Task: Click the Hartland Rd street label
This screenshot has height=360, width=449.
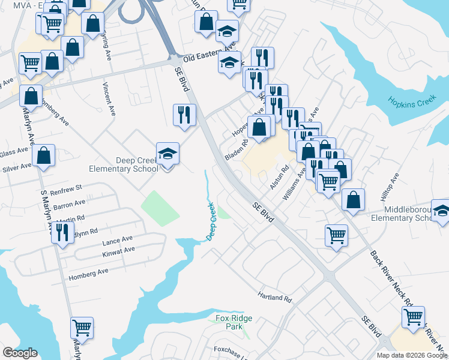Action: click(x=274, y=298)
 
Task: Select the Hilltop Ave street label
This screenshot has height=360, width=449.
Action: click(x=388, y=188)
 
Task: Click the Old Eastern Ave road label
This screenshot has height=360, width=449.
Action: click(x=209, y=55)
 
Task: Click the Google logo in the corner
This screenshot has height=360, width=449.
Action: click(x=20, y=353)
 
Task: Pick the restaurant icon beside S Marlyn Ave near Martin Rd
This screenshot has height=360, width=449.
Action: click(x=62, y=232)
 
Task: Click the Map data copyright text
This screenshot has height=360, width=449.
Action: click(x=411, y=355)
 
